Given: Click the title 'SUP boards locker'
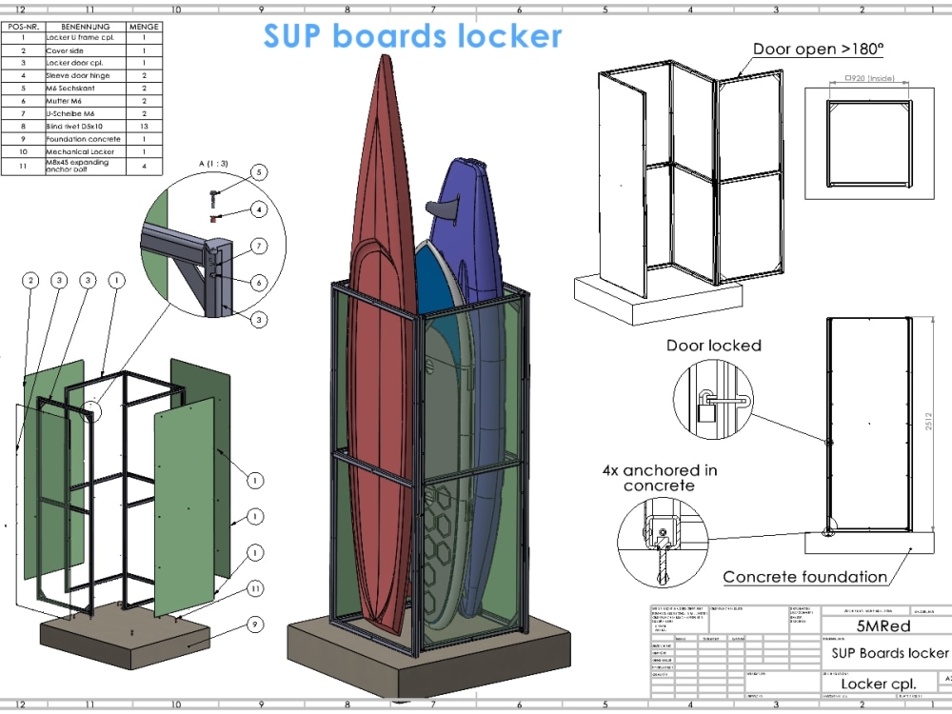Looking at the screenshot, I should click(x=412, y=35).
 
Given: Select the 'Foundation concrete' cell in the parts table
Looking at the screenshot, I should click(x=84, y=139).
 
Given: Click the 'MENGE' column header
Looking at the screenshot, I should click(x=144, y=27).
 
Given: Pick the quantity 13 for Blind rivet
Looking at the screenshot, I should click(x=144, y=126).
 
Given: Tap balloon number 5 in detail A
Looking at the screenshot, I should click(x=258, y=172).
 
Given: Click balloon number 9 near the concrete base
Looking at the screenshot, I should click(x=254, y=625).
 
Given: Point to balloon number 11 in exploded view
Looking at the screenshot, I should click(x=254, y=589).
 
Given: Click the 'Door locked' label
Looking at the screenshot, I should click(x=713, y=346).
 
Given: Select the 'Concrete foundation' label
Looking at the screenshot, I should click(x=803, y=576).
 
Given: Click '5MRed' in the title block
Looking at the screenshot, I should click(x=883, y=626).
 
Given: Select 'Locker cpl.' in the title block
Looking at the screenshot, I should click(x=878, y=684).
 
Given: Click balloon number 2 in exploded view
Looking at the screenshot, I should click(x=31, y=280).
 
